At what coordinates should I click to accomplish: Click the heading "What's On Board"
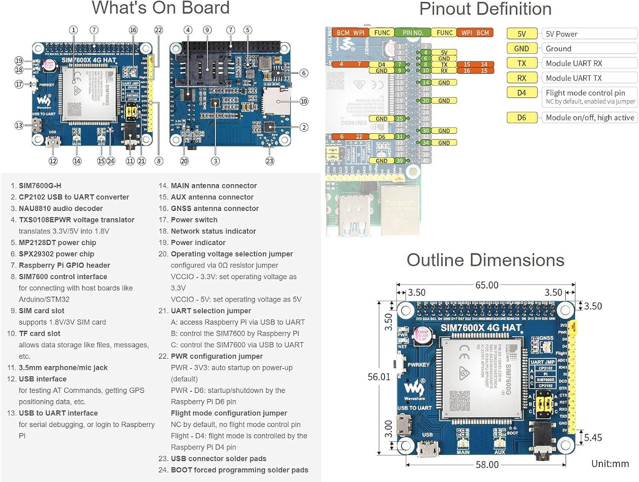pyautogui.click(x=161, y=8)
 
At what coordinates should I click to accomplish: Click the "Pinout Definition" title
pyautogui.click(x=485, y=9)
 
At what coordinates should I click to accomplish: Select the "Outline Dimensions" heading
pyautogui.click(x=485, y=260)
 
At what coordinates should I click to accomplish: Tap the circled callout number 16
pyautogui.click(x=133, y=30)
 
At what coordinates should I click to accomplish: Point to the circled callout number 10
pyautogui.click(x=304, y=101)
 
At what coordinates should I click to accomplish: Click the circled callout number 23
pyautogui.click(x=270, y=161)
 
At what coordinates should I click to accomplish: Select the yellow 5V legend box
pyautogui.click(x=521, y=34)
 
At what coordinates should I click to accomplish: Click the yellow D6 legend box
pyautogui.click(x=521, y=118)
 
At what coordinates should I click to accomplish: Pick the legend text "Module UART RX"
pyautogui.click(x=574, y=63)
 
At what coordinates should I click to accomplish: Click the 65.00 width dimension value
pyautogui.click(x=486, y=285)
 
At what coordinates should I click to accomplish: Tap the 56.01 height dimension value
pyautogui.click(x=379, y=377)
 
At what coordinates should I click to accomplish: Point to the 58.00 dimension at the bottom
pyautogui.click(x=487, y=465)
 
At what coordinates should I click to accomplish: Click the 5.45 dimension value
pyautogui.click(x=593, y=438)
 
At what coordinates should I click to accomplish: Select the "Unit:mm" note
pyautogui.click(x=610, y=464)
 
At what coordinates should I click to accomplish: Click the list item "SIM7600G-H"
pyautogui.click(x=40, y=186)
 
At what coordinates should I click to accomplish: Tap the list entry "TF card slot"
pyautogui.click(x=40, y=334)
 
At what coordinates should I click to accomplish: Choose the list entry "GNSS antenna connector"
pyautogui.click(x=215, y=208)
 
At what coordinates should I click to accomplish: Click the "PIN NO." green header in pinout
pyautogui.click(x=412, y=33)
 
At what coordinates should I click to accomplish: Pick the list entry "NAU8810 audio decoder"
pyautogui.click(x=60, y=208)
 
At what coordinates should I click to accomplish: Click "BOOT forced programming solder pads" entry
pyautogui.click(x=239, y=470)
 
